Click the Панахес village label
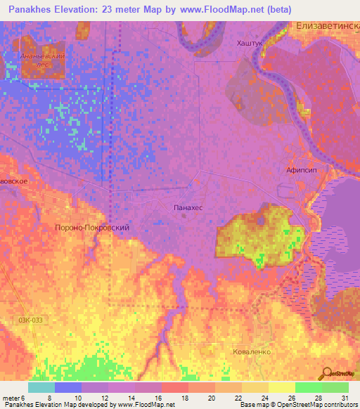[188, 208]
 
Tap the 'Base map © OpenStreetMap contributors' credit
[298, 405]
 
